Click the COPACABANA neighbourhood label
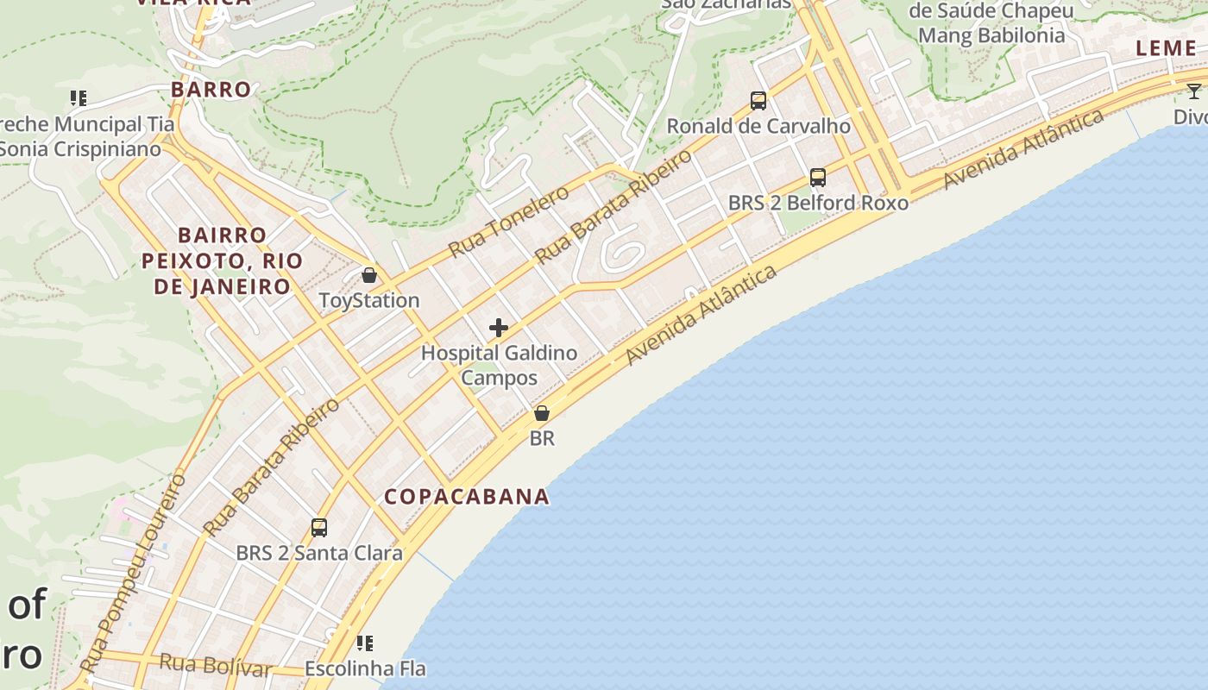(467, 497)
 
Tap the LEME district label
(1166, 48)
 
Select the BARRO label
(211, 90)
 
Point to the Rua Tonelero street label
(509, 221)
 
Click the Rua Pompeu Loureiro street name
(133, 574)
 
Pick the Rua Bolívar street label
(217, 665)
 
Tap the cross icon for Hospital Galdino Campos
(499, 328)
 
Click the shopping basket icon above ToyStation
(369, 275)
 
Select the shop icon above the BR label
(542, 413)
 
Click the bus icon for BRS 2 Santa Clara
(319, 527)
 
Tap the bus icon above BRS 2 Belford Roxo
(818, 178)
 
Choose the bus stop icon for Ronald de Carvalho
(758, 101)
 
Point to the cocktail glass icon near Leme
(1194, 91)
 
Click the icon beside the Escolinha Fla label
(365, 643)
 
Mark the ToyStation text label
(369, 301)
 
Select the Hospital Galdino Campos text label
(499, 365)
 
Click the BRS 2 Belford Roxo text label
(818, 204)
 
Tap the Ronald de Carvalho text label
(758, 127)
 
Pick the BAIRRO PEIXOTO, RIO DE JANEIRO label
(222, 260)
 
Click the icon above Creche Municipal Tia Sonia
(79, 98)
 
